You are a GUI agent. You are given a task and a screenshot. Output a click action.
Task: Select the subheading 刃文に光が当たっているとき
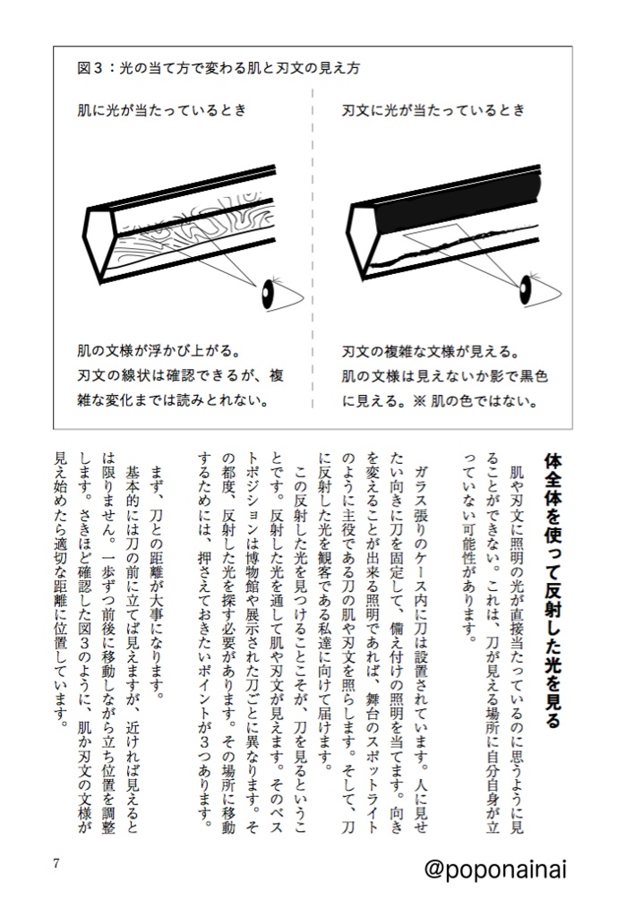coord(433,110)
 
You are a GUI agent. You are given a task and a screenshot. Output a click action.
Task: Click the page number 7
coord(56,863)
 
